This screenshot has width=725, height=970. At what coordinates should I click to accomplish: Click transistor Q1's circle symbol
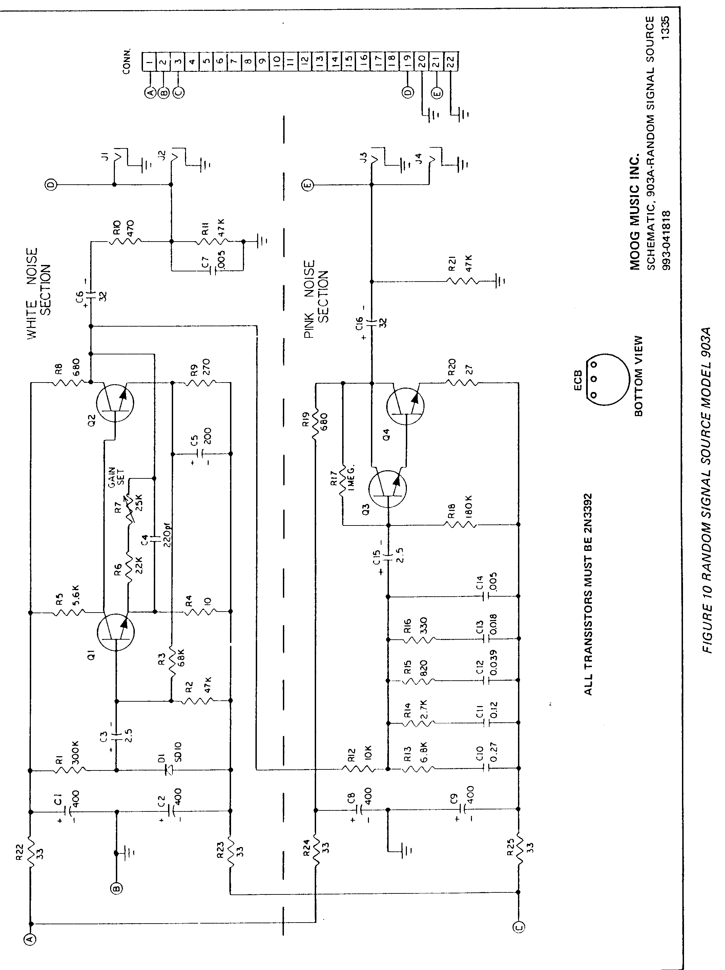coord(116,632)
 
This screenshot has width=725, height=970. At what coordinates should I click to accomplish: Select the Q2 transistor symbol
coord(115,402)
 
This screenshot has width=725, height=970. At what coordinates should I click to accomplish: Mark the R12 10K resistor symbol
coord(359,769)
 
